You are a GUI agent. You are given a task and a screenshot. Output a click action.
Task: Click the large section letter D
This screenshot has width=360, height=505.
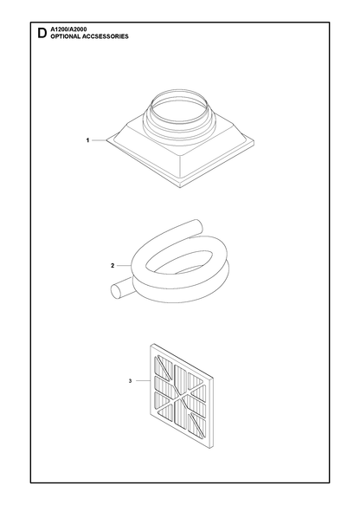pos(42,33)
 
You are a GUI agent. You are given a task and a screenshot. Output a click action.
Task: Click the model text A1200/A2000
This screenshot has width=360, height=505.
pos(68,29)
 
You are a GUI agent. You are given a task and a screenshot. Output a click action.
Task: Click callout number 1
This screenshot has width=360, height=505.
pos(87,140)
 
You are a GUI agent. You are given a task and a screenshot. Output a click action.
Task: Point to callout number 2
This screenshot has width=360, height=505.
pos(112,266)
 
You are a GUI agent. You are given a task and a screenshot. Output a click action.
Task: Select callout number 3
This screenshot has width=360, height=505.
pos(131,381)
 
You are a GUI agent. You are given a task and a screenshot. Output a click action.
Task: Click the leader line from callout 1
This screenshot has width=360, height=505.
pos(100,140)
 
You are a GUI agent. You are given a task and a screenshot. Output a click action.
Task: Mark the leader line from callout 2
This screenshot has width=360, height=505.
pos(124,266)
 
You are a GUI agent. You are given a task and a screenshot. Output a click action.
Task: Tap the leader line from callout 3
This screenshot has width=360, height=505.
pos(143,381)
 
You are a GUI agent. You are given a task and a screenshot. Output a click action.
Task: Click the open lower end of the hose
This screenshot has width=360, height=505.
pos(115,291)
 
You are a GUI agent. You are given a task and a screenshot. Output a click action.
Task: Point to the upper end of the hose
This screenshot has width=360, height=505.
pos(197,224)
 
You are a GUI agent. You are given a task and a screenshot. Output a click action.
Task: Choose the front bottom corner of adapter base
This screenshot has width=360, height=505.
pos(180,187)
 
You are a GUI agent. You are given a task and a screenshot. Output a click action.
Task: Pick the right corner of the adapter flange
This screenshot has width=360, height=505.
pos(254,142)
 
